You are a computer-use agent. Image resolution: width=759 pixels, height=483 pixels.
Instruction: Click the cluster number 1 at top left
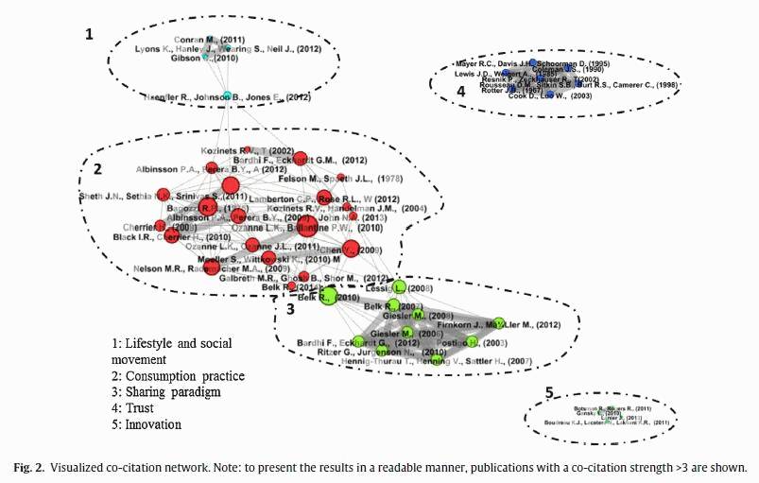pos(90,34)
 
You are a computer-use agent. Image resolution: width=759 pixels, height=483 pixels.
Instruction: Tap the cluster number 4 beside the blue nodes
pos(460,92)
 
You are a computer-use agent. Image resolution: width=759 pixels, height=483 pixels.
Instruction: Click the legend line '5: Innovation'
pos(153,424)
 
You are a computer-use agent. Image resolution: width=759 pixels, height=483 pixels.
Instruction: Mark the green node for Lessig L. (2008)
pos(399,287)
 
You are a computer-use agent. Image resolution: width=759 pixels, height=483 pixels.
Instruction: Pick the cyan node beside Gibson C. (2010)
pos(206,58)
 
